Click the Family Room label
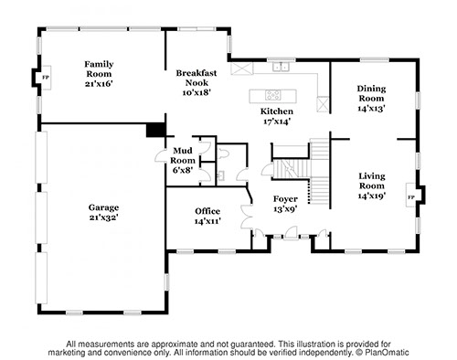tap(99, 69)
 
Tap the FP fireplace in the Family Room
tap(46, 78)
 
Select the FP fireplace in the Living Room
tap(411, 197)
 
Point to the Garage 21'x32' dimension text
tap(103, 217)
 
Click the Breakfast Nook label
tap(197, 78)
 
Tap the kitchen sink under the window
tap(281, 66)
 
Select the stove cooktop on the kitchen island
tap(272, 95)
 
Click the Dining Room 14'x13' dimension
tap(371, 108)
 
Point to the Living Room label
tap(372, 181)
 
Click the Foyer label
tap(285, 199)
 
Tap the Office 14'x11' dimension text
tap(207, 221)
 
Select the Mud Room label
tap(183, 155)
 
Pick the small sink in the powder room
tap(220, 175)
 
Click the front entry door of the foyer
tap(290, 233)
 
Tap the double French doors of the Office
tap(247, 217)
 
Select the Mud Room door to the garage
tap(161, 155)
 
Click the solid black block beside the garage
tap(156, 130)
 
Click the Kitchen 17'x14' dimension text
tap(277, 122)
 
